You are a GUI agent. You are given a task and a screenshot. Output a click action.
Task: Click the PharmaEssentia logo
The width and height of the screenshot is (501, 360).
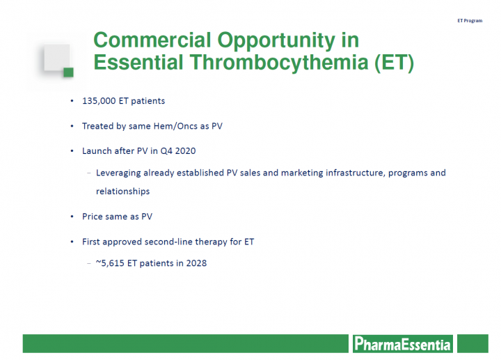tap(403, 344)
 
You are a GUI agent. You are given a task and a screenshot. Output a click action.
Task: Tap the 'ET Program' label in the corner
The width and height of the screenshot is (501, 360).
tap(470, 20)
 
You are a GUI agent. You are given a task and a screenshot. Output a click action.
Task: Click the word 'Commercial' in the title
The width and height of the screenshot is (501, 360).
tap(152, 40)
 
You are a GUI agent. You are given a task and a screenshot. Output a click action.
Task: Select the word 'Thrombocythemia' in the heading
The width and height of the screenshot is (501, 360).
tap(279, 62)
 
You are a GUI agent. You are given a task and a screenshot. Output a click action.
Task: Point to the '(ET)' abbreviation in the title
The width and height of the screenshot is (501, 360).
tap(395, 63)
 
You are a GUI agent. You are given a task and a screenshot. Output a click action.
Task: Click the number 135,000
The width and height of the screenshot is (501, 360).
tap(99, 101)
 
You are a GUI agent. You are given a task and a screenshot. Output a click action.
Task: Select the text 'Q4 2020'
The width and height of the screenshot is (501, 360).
tap(178, 151)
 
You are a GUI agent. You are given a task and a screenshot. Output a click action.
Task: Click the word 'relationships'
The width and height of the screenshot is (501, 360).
tap(122, 191)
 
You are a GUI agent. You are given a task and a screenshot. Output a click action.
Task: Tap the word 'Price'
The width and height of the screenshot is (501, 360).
tap(93, 217)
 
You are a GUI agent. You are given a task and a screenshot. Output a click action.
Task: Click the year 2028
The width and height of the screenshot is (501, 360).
tap(196, 263)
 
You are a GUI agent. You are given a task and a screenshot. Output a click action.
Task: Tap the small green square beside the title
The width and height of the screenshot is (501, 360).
tap(68, 72)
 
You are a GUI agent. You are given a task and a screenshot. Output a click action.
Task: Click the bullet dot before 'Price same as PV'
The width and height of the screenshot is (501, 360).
tap(72, 217)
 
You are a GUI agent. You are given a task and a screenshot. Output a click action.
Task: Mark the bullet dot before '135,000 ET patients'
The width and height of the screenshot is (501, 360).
tap(72, 101)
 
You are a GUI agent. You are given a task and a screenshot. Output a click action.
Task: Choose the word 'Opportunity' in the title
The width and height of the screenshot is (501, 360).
tap(276, 41)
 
